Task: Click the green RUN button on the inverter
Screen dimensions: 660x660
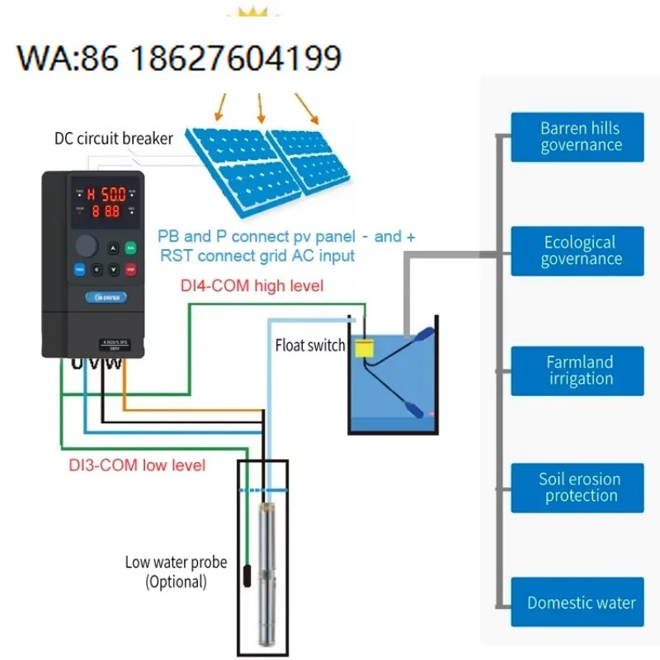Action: pos(130,247)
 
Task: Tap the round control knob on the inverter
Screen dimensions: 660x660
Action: pos(87,246)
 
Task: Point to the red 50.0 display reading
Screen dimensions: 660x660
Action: pos(108,195)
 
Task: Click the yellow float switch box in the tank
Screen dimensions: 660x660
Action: pos(363,347)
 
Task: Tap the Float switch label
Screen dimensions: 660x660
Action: pos(309,346)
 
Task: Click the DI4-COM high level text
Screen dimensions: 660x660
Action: pos(252,286)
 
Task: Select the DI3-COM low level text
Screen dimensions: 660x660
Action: pos(136,464)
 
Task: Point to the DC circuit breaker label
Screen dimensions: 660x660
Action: pos(113,138)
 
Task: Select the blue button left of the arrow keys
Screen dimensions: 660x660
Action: pos(80,269)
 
